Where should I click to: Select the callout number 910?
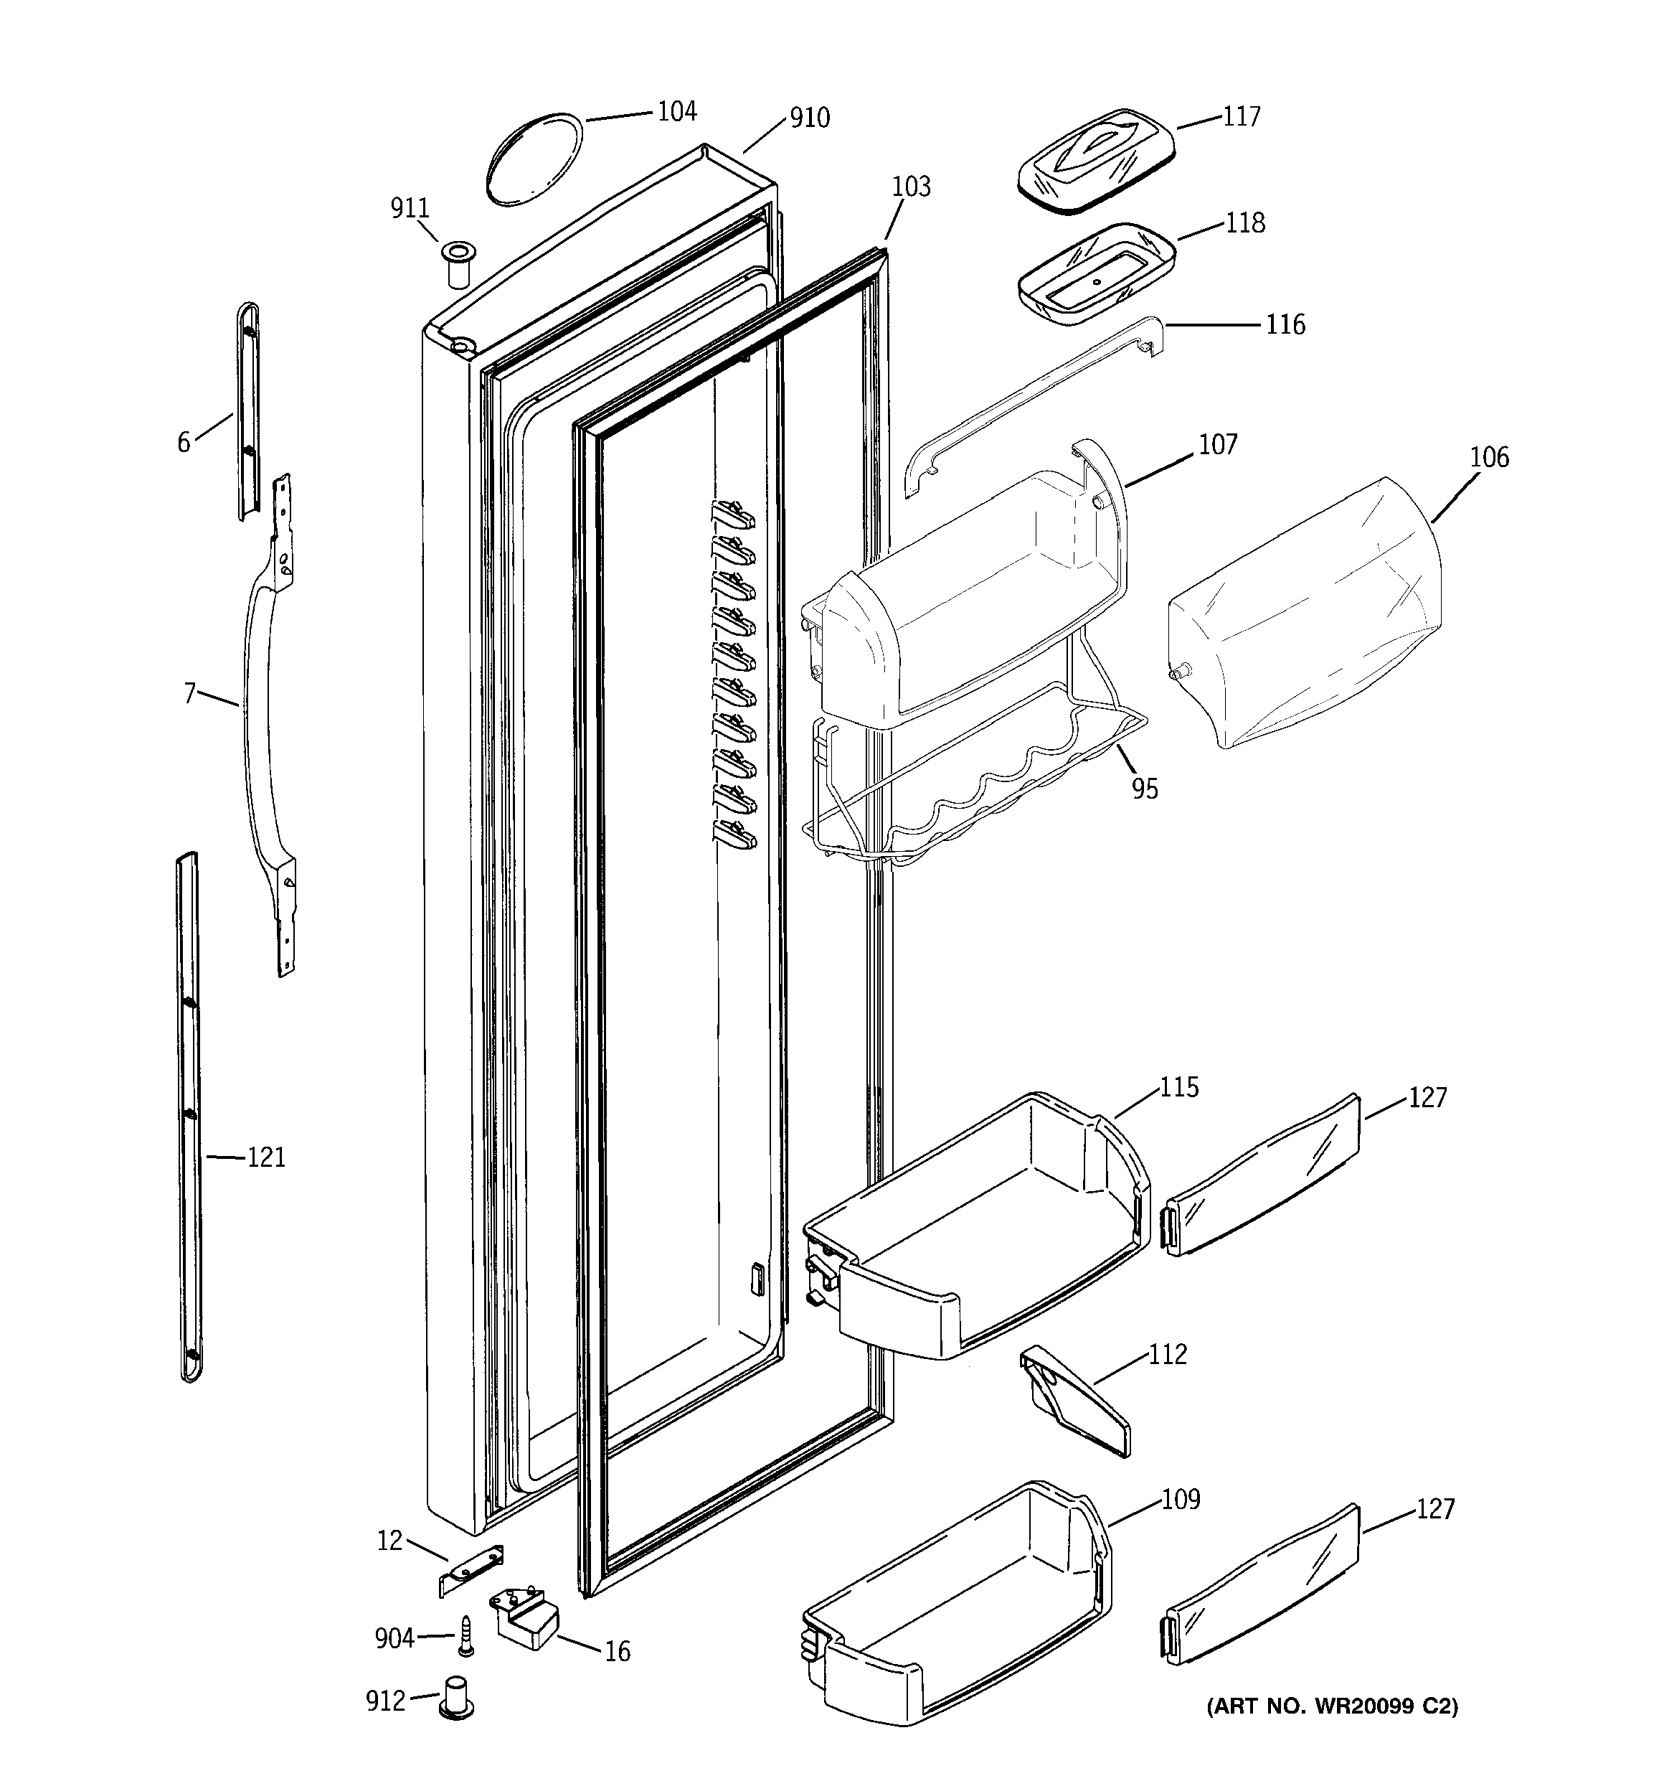(809, 117)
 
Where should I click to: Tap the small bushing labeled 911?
(458, 263)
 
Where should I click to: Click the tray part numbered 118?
(1096, 274)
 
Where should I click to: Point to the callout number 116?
(1285, 324)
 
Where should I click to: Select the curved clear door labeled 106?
(1304, 616)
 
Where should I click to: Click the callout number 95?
(1144, 788)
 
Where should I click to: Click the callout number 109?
(1180, 1498)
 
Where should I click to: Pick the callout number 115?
(1179, 1087)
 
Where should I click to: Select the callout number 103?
(911, 187)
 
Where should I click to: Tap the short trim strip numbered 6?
(248, 411)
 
